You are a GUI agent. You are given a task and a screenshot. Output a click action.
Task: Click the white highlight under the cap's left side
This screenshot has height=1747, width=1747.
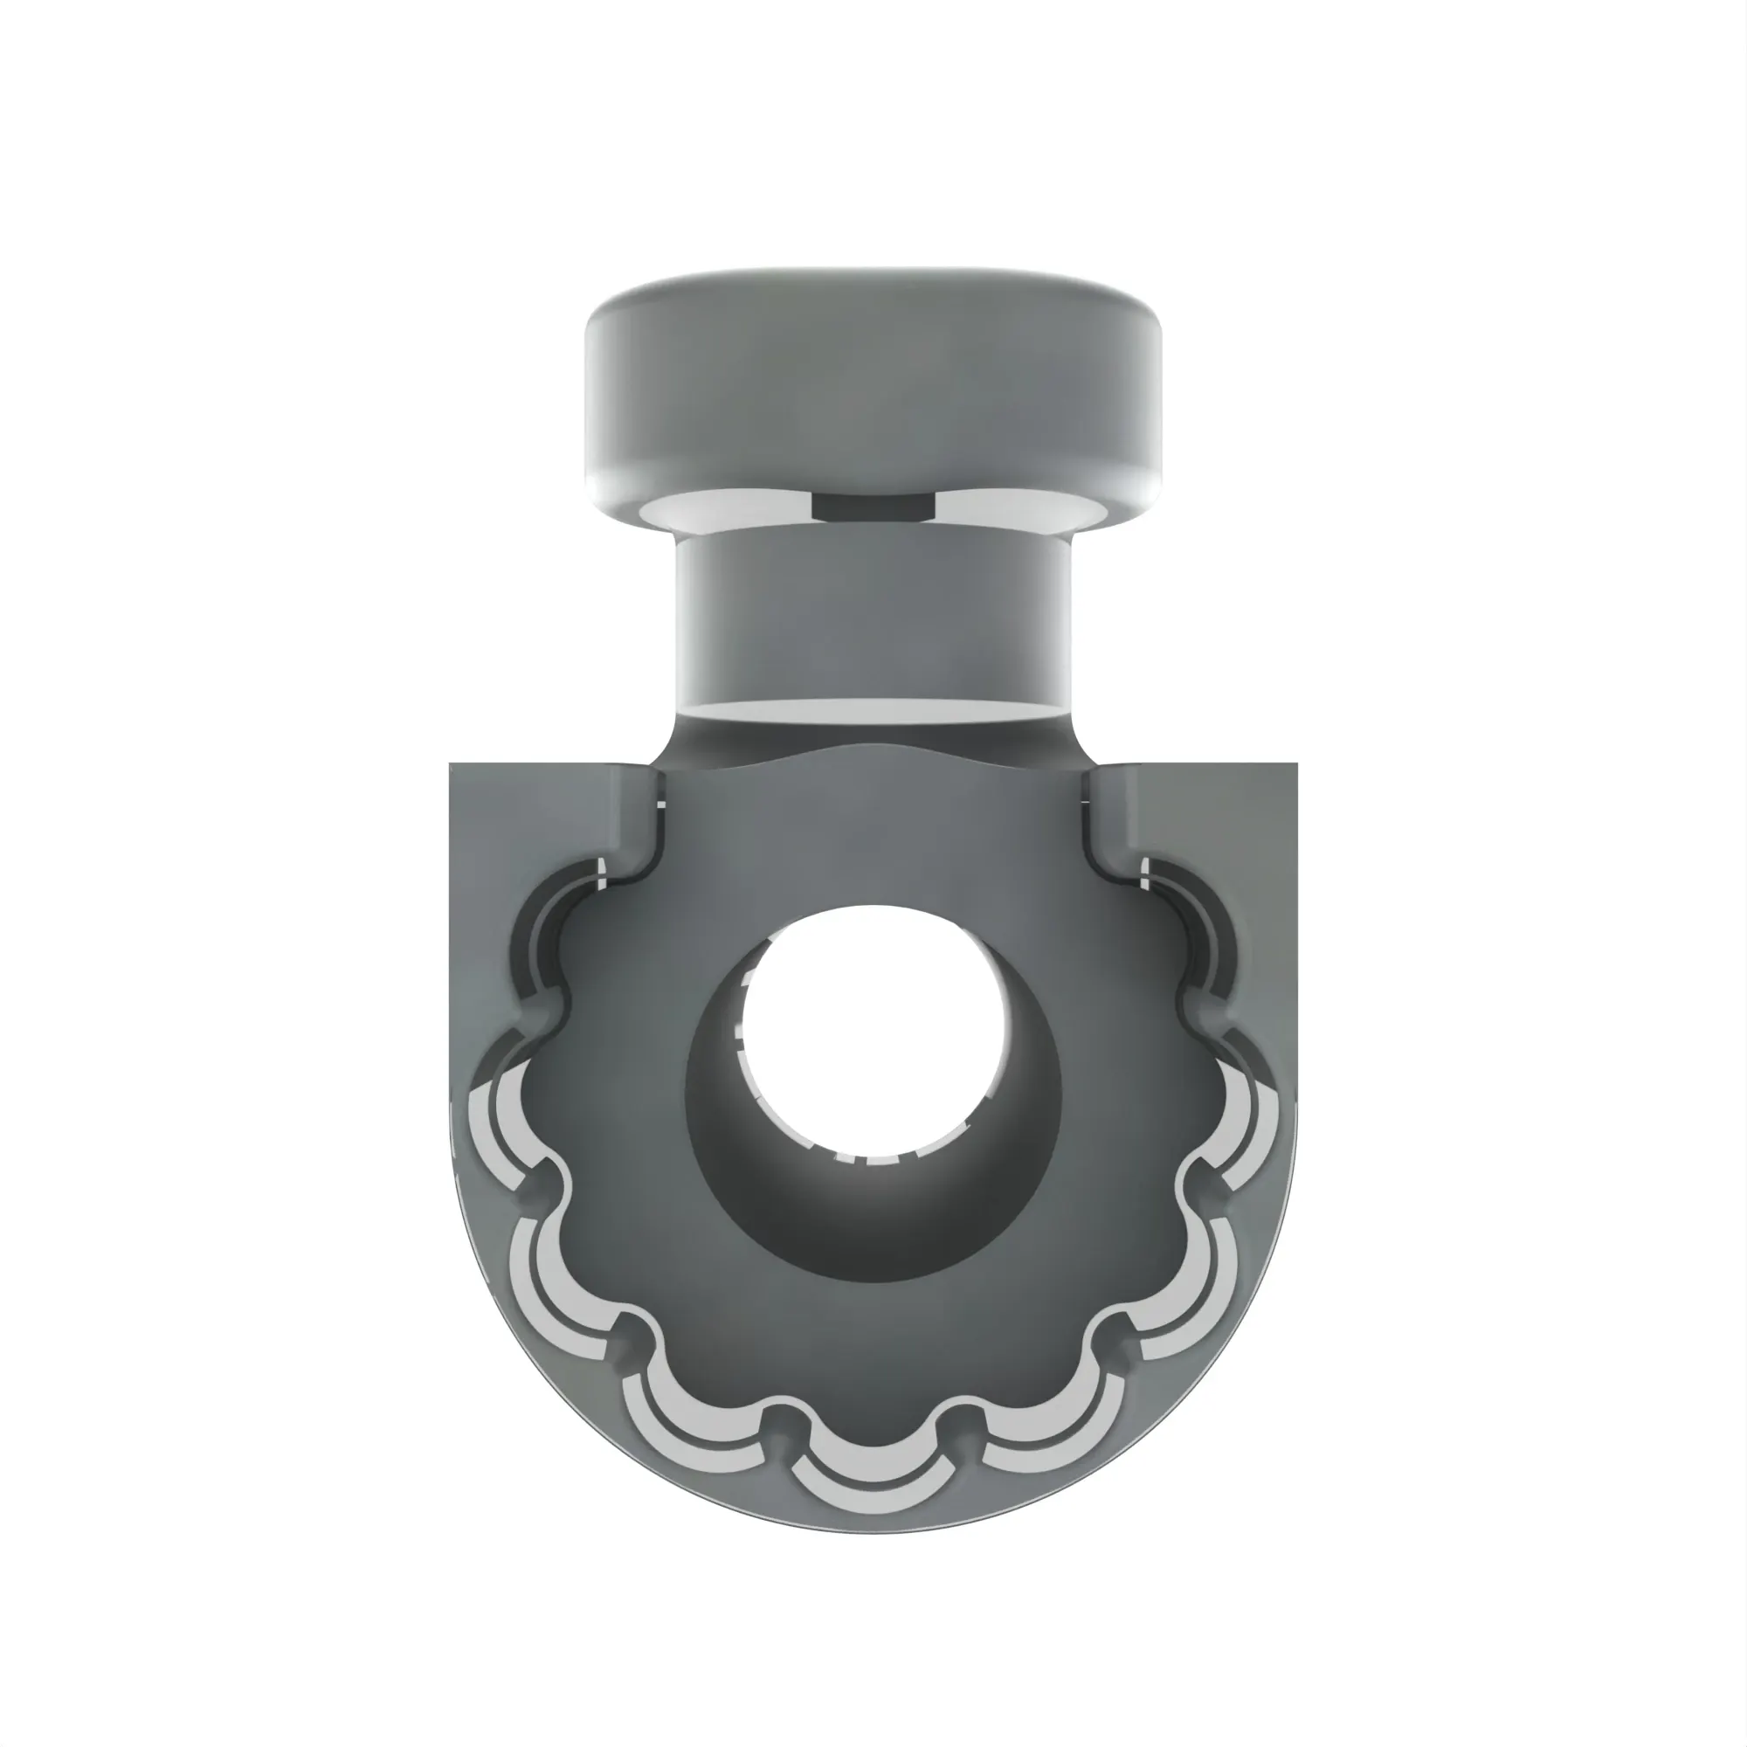715,508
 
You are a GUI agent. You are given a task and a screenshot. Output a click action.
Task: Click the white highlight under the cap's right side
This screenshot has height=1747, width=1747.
1026,508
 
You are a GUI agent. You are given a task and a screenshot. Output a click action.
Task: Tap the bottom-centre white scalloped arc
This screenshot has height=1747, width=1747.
873,1492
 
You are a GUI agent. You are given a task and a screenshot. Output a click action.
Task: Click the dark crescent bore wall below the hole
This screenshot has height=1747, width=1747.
873,1221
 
